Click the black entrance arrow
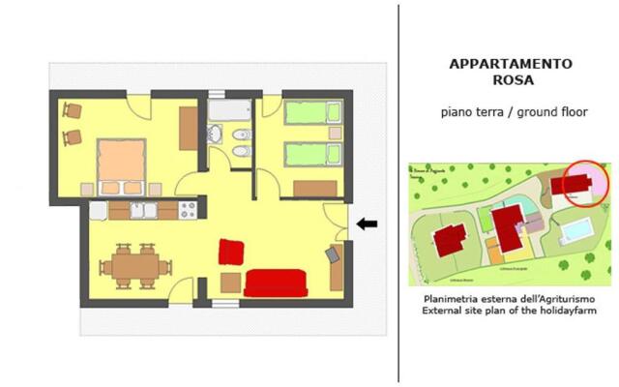pyautogui.click(x=367, y=224)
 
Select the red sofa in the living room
pyautogui.click(x=276, y=283)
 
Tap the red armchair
pyautogui.click(x=230, y=252)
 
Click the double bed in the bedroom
pyautogui.click(x=120, y=164)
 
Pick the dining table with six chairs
pyautogui.click(x=134, y=265)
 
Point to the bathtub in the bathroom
pyautogui.click(x=229, y=108)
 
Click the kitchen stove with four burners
pyautogui.click(x=188, y=209)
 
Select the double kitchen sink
pyautogui.click(x=144, y=210)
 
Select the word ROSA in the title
pyautogui.click(x=511, y=81)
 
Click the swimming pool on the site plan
pyautogui.click(x=578, y=230)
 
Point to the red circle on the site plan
pyautogui.click(x=580, y=183)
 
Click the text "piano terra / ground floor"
pyautogui.click(x=514, y=112)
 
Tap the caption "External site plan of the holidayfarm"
pyautogui.click(x=510, y=312)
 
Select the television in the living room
pyautogui.click(x=335, y=255)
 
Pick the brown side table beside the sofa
pyautogui.click(x=231, y=283)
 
